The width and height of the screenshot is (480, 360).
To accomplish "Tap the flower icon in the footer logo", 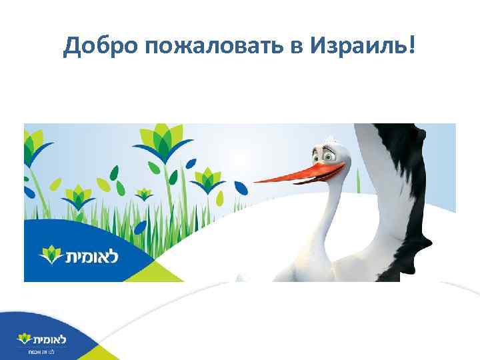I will [23, 337].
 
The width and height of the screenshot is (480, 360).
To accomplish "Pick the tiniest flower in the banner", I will [143, 194].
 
